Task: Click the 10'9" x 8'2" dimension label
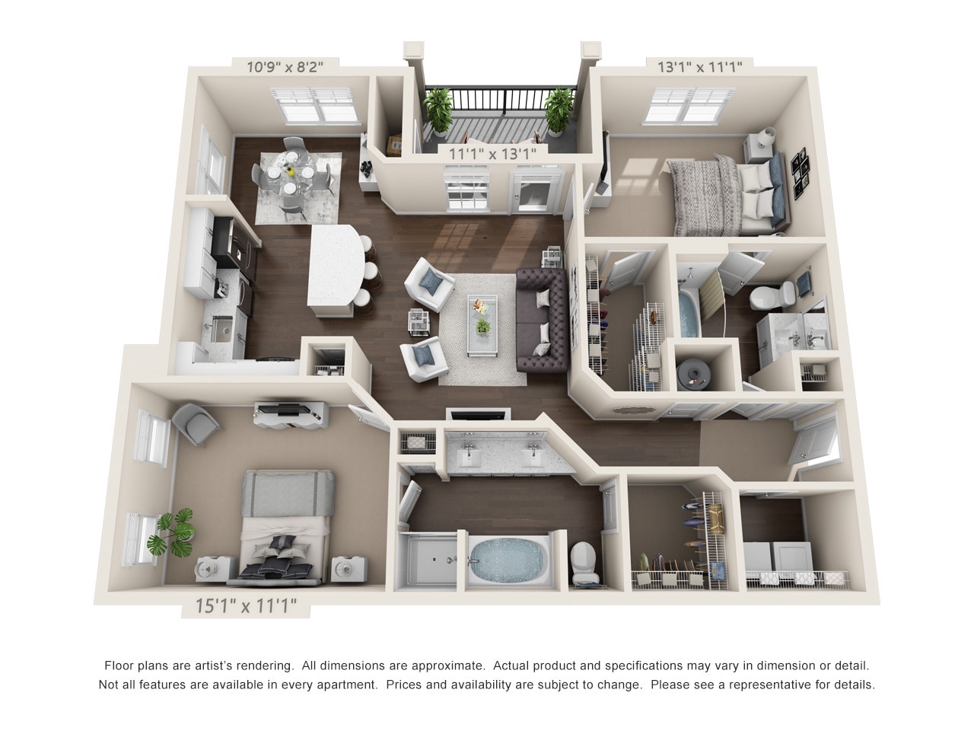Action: (285, 66)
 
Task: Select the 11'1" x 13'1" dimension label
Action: (493, 153)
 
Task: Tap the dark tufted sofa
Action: (542, 320)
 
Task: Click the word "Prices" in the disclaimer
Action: (406, 685)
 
